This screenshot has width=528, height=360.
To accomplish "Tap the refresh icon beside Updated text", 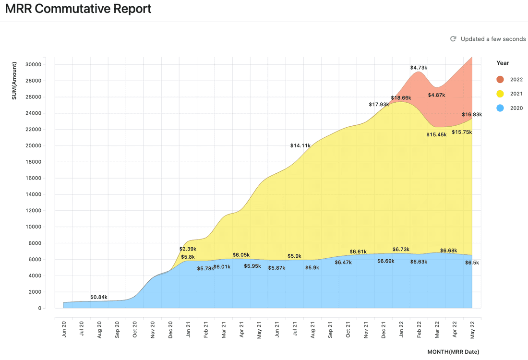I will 453,39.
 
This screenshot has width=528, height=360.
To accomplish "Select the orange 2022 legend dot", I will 500,80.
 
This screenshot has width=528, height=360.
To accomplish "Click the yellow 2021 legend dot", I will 500,94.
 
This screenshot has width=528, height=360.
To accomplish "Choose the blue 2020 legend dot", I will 500,108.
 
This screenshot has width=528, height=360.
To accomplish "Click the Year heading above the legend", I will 503,63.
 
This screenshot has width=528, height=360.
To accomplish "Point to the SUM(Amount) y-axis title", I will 14,80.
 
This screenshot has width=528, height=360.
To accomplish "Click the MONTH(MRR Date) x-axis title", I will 453,352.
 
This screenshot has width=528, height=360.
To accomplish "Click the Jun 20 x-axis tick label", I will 64,328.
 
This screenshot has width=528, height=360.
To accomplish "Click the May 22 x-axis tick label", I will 472,328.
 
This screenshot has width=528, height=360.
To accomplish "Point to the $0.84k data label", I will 99,297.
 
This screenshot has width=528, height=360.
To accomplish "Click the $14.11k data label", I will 300,145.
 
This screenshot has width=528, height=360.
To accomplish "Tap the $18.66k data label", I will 401,98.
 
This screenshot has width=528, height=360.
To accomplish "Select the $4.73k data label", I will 419,68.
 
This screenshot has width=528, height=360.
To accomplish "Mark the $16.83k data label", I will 471,115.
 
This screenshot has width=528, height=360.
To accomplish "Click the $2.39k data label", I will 188,249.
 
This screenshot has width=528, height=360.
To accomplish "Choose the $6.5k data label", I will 471,263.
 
